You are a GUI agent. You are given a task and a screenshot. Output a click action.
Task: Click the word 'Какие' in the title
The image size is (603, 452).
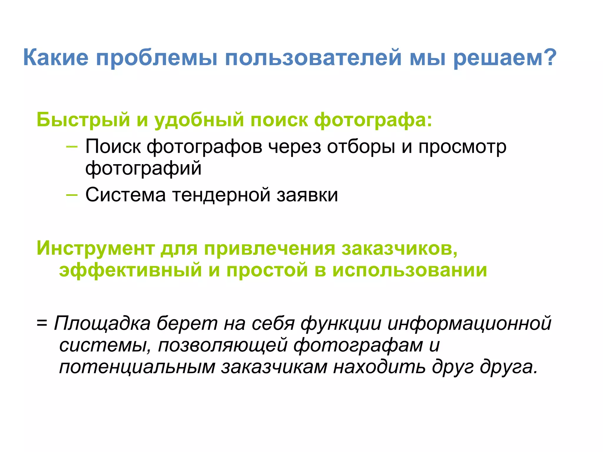click(x=56, y=57)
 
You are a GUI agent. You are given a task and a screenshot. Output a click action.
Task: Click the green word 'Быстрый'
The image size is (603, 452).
click(x=83, y=120)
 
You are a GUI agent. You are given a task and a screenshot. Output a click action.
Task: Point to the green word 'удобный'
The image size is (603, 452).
click(x=199, y=120)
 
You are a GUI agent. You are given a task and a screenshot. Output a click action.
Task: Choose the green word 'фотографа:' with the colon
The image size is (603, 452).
click(x=373, y=120)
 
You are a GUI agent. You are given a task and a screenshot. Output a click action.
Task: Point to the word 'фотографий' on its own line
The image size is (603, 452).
click(x=143, y=168)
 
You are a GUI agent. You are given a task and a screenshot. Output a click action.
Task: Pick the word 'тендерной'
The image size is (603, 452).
click(x=221, y=195)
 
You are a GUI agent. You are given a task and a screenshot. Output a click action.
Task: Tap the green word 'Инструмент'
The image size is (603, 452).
click(x=95, y=248)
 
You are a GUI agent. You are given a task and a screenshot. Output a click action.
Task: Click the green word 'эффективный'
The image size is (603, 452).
click(x=130, y=270)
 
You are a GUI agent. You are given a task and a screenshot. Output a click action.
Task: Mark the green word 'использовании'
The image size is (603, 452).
click(x=410, y=270)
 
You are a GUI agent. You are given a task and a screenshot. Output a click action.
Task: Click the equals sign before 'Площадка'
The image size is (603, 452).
click(x=42, y=323)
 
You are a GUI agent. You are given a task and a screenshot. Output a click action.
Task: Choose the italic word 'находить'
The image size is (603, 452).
click(x=379, y=367)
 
